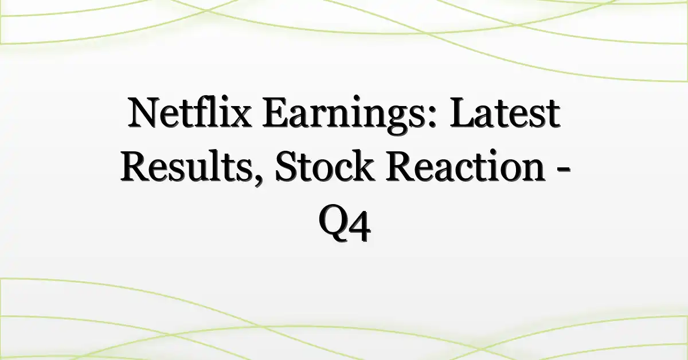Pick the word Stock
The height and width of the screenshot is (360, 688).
click(325, 166)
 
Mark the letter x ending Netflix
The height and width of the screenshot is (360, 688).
click(240, 118)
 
